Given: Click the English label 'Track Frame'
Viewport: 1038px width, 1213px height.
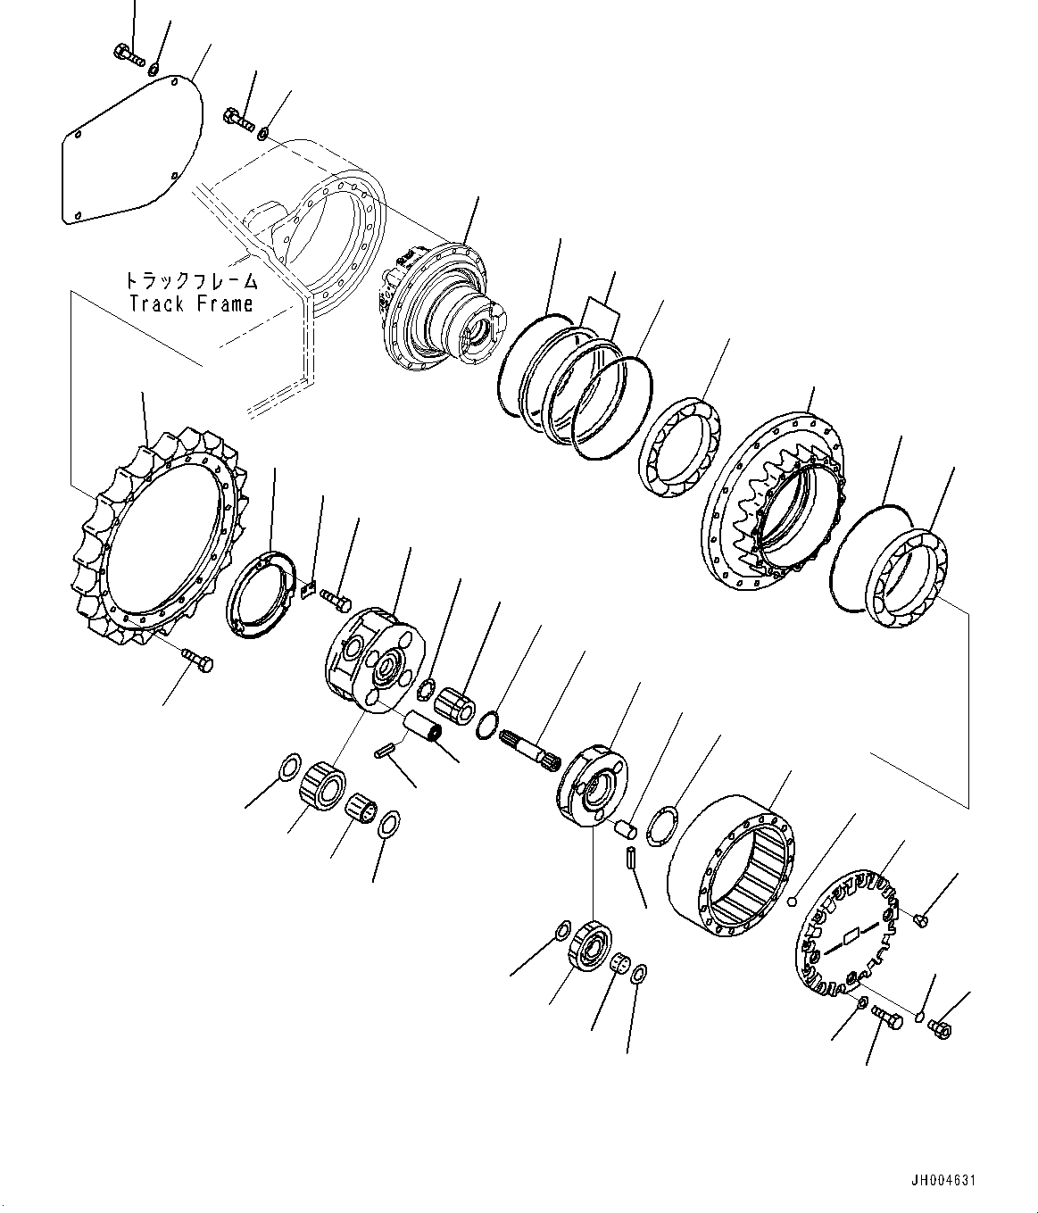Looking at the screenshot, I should [x=191, y=303].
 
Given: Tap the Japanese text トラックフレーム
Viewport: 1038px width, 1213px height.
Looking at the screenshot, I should [x=191, y=281].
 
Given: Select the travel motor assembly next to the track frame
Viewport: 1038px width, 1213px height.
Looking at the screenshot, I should [x=437, y=308].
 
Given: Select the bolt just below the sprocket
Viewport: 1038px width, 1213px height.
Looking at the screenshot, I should [x=197, y=661].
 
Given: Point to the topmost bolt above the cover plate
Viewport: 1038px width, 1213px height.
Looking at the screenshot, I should [x=129, y=56].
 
